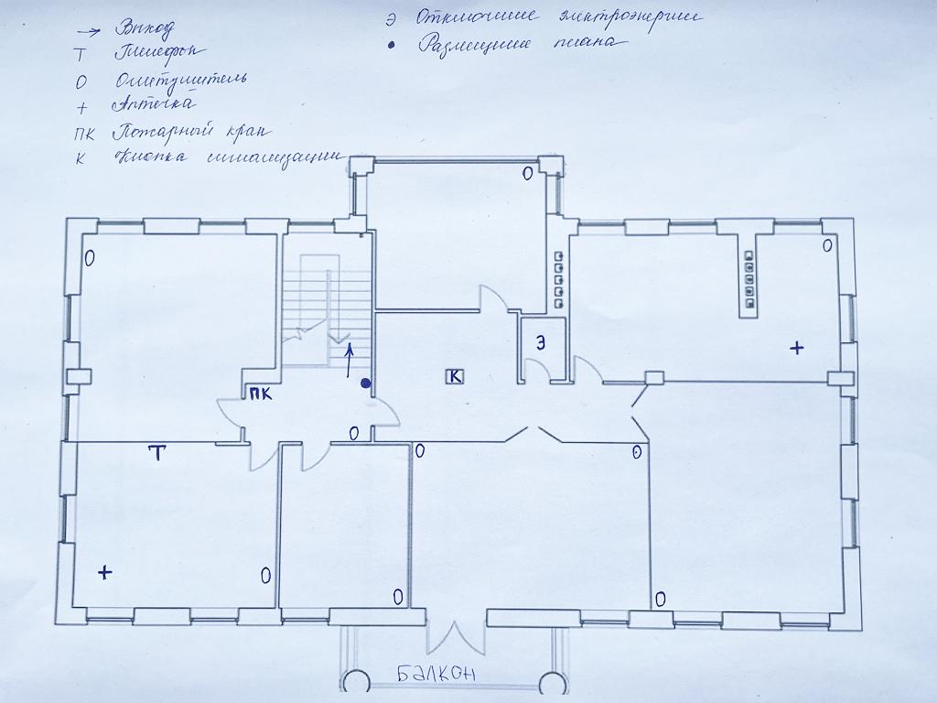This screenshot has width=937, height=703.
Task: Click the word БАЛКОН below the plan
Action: (436, 676)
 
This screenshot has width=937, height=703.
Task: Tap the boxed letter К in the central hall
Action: (455, 375)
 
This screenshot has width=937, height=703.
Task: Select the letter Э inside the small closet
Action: (541, 343)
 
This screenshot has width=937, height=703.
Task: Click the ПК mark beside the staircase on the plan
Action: (259, 395)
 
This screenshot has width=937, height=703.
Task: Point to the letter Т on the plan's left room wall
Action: (156, 453)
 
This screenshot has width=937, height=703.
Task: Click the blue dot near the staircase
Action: (365, 384)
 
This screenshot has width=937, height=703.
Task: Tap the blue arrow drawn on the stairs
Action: (348, 361)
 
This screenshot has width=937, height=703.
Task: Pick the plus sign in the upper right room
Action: (796, 348)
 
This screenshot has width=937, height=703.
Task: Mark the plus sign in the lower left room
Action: (105, 573)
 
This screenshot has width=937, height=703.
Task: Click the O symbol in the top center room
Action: (526, 173)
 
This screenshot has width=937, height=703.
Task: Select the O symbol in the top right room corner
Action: (826, 245)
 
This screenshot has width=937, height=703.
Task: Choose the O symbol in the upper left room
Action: (89, 258)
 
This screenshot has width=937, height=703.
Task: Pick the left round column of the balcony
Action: (355, 682)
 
